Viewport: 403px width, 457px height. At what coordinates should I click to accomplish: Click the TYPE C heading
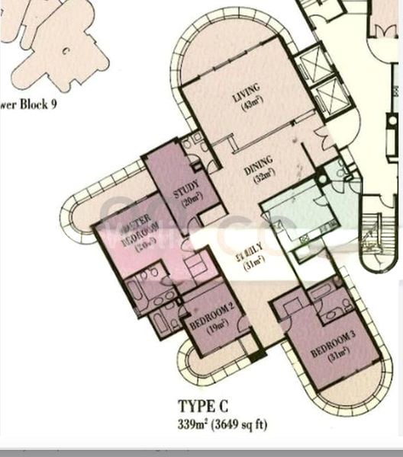tap(202, 407)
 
